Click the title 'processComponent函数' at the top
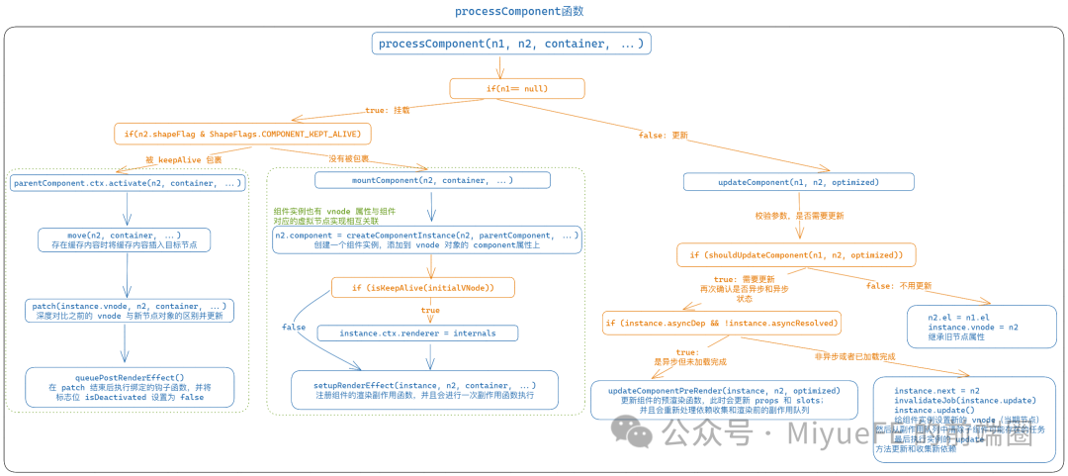coord(519,11)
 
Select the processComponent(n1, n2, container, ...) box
coord(511,44)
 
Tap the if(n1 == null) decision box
coord(516,88)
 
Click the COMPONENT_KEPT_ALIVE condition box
coord(243,133)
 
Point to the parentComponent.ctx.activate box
coord(128,183)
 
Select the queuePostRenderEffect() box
coord(129,387)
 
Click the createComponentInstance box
coord(427,240)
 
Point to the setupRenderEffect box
coord(424,390)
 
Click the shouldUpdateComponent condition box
coord(803,255)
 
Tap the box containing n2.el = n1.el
coord(981,326)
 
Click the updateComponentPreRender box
coord(723,400)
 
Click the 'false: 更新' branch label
coord(663,135)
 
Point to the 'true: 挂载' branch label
coord(388,110)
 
